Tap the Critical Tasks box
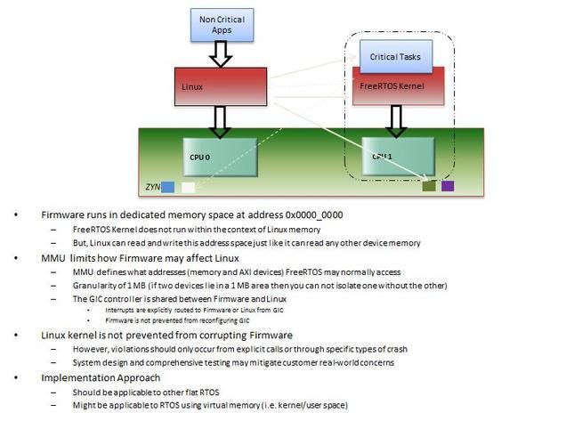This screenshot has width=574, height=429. [x=396, y=56]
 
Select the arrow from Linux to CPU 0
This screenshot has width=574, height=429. [x=217, y=118]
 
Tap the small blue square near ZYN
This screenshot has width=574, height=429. [x=167, y=187]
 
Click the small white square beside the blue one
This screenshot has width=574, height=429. [x=187, y=187]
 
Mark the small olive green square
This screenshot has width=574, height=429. [x=429, y=186]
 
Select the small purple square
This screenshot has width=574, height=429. [x=448, y=186]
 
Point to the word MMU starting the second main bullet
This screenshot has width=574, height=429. [x=53, y=257]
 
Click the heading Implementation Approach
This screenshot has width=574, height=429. [x=100, y=377]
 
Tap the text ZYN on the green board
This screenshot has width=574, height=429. [x=152, y=188]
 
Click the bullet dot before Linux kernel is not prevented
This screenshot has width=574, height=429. [x=16, y=334]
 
